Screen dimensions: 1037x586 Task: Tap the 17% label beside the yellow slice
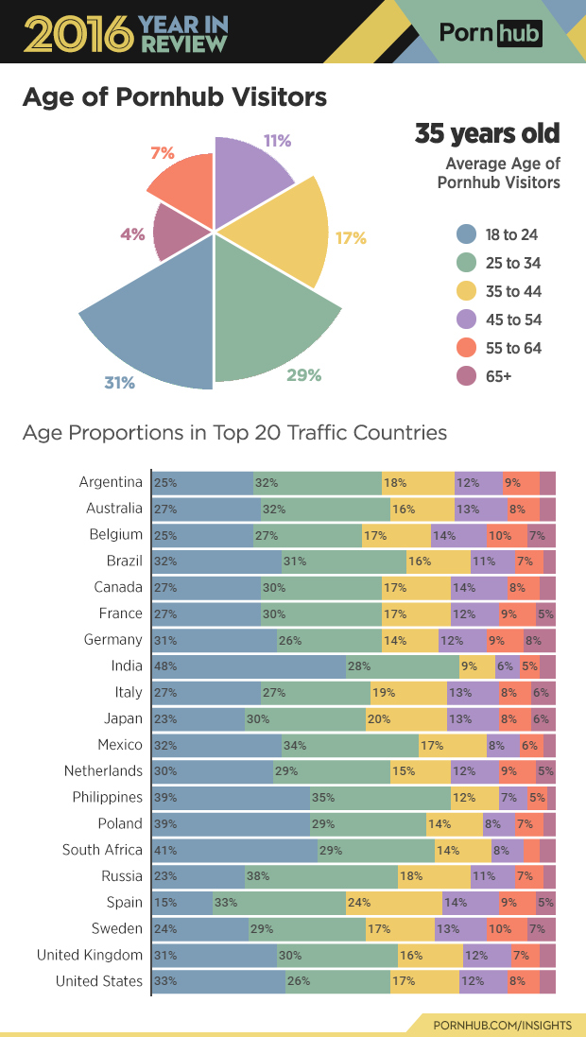coord(350,238)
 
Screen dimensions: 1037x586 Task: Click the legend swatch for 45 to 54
coord(465,320)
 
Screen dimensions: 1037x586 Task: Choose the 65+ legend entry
coord(498,376)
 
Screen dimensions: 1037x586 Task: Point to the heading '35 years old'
coord(487,133)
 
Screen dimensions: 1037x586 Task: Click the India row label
coord(126,665)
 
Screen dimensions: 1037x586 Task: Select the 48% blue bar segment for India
coord(249,665)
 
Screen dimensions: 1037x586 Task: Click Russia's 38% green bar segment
coord(320,875)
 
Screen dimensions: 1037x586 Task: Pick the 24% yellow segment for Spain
coord(393,902)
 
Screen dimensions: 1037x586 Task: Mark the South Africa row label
coord(102,850)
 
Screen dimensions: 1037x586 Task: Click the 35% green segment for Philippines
coord(380,797)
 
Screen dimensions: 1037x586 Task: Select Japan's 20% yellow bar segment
coord(405,718)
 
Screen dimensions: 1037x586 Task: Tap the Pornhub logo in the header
coord(491,34)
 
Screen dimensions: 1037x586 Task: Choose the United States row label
coord(99,981)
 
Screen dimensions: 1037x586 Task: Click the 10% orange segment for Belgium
coord(507,534)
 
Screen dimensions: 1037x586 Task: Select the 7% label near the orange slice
coord(162,153)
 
